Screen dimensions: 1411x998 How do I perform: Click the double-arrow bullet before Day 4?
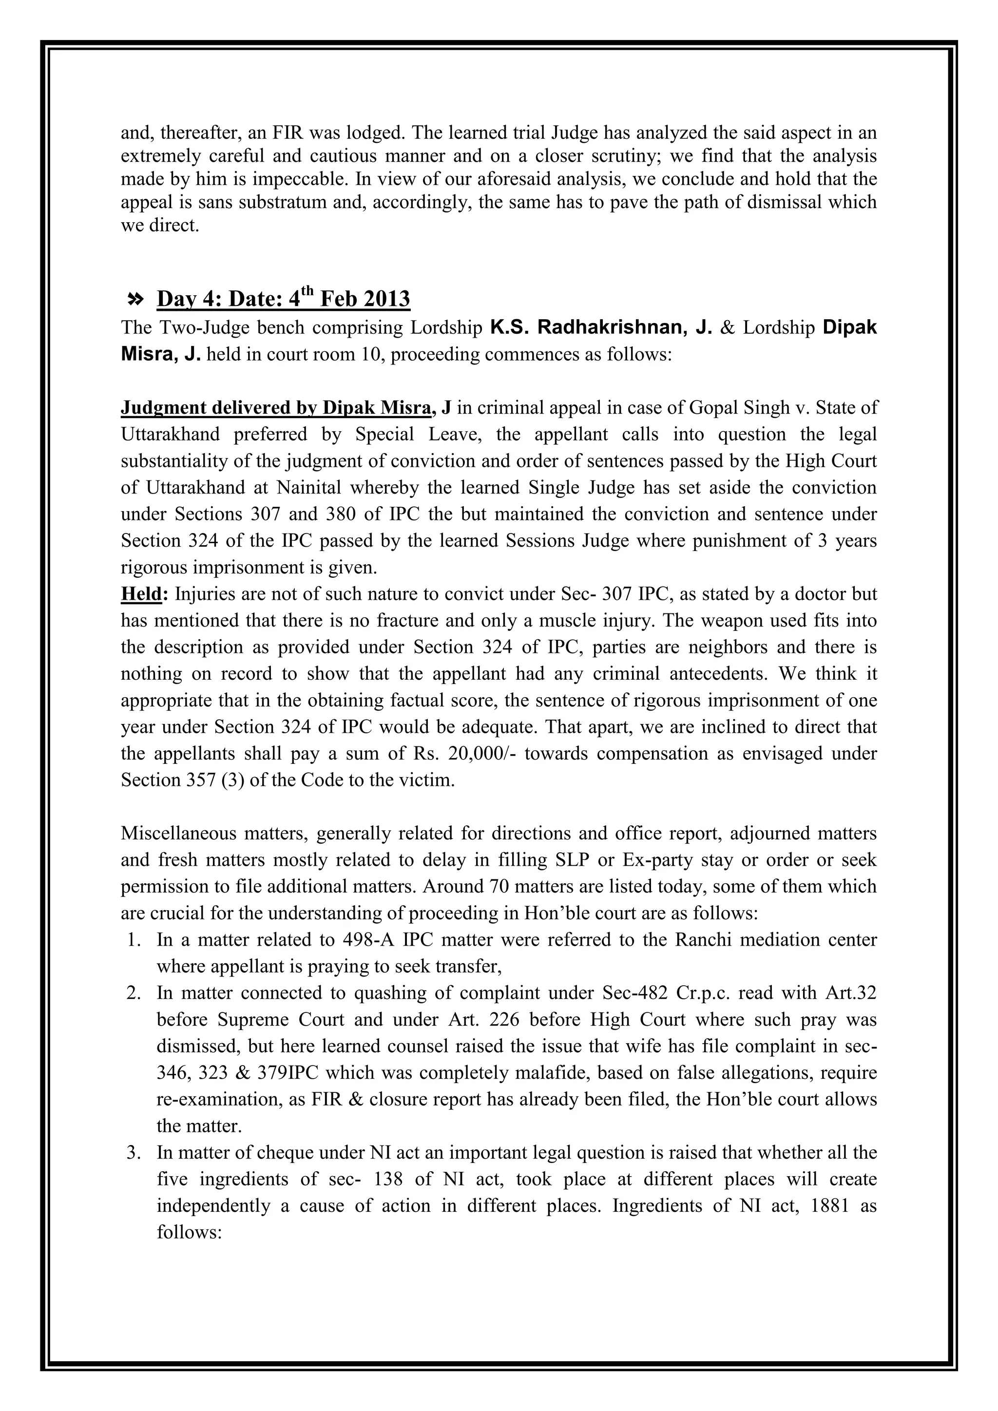pyautogui.click(x=134, y=299)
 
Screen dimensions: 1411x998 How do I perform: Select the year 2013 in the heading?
pyautogui.click(x=386, y=299)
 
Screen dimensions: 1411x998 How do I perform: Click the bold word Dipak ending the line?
pyautogui.click(x=849, y=327)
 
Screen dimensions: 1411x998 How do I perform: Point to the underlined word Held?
pyautogui.click(x=141, y=594)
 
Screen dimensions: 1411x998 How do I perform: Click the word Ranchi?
pyautogui.click(x=702, y=940)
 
